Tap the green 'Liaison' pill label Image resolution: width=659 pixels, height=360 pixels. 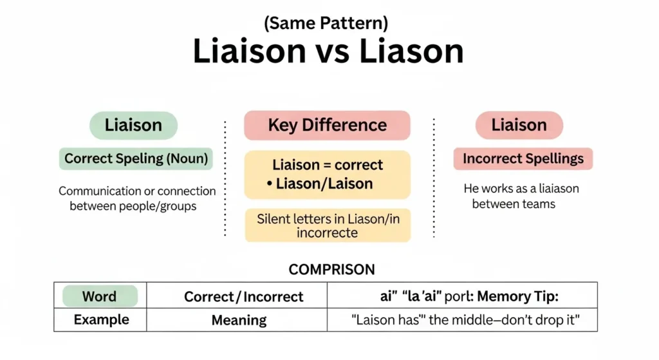tap(133, 125)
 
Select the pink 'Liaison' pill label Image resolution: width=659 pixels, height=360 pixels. tap(519, 125)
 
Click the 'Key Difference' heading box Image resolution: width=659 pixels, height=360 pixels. tap(327, 125)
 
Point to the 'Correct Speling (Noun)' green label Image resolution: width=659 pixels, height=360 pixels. tap(136, 158)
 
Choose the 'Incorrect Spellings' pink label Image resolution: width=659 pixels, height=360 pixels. tap(523, 158)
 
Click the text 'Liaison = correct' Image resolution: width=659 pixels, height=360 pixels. tap(328, 165)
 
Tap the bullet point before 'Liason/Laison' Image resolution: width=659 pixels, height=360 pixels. tap(269, 184)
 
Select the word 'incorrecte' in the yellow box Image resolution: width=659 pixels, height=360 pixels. tap(328, 233)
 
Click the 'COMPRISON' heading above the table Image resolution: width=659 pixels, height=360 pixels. tap(331, 269)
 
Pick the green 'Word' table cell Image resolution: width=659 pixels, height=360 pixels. tap(99, 296)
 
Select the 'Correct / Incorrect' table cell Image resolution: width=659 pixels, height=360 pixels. tap(243, 296)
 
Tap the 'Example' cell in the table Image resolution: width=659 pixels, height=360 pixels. tap(101, 320)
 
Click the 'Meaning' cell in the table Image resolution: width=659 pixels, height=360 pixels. tap(239, 320)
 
